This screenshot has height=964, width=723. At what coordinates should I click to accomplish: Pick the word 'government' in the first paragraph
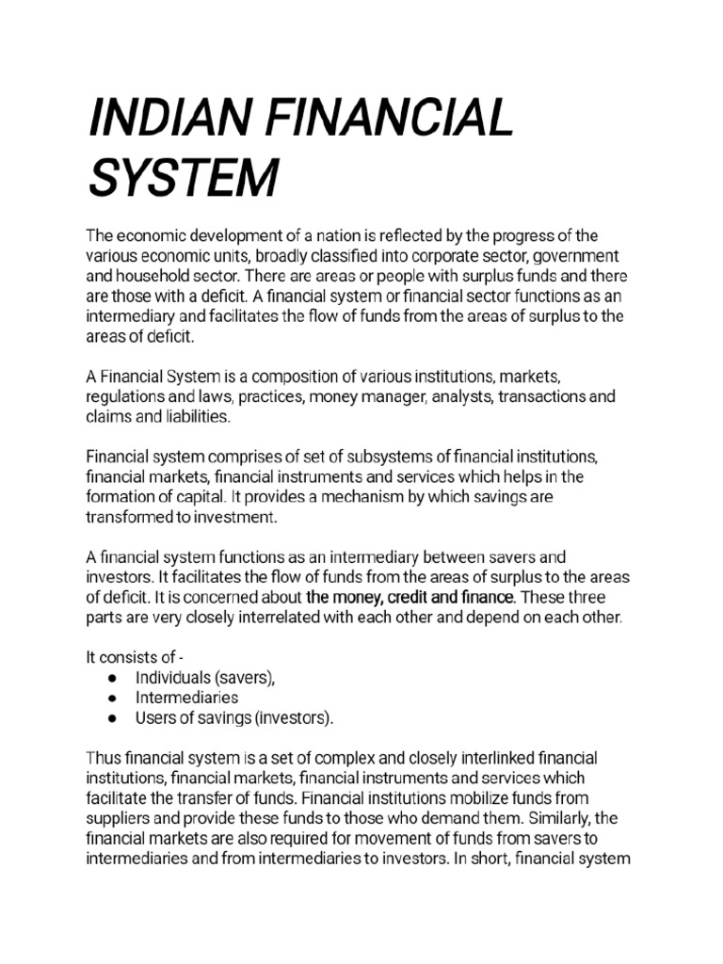click(x=576, y=256)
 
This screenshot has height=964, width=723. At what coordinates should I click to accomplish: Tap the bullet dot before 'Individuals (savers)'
click(x=112, y=678)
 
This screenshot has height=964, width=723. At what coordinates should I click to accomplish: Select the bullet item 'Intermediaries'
click(x=186, y=698)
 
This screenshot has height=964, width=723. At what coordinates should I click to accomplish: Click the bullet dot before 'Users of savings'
click(x=112, y=718)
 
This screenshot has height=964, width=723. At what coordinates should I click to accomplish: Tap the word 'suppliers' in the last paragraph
click(x=118, y=819)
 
